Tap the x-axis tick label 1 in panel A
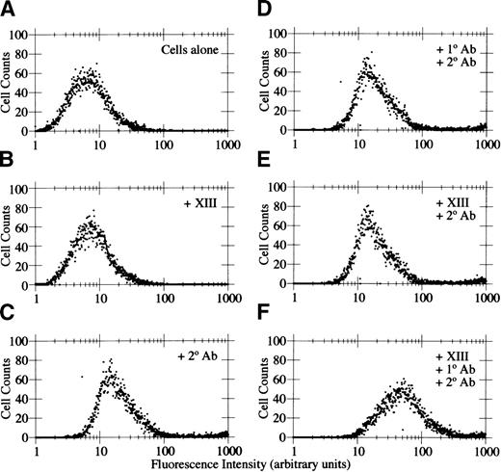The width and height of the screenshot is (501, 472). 36,141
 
